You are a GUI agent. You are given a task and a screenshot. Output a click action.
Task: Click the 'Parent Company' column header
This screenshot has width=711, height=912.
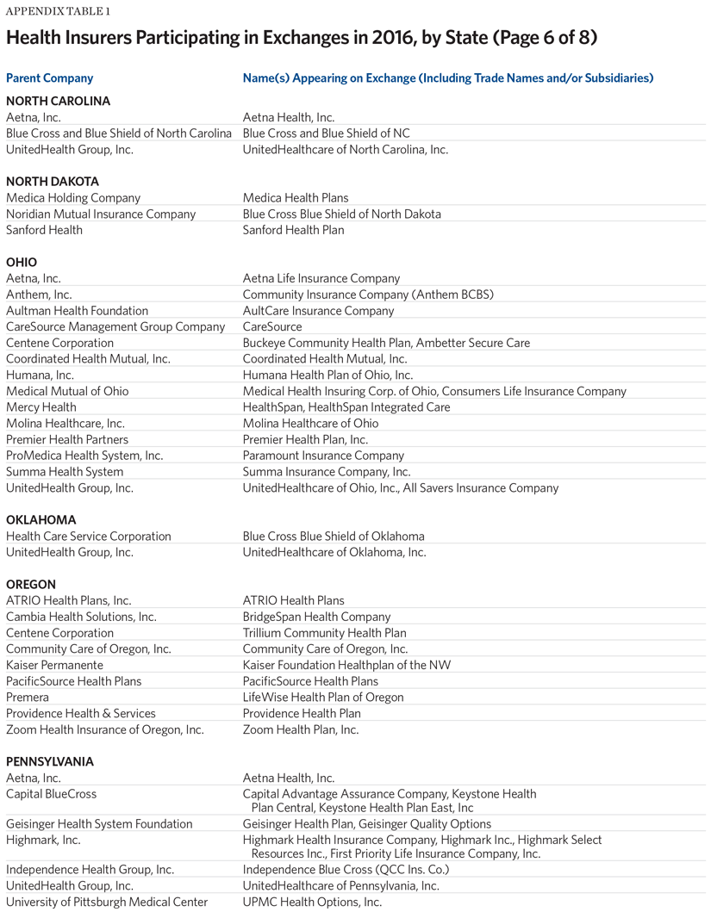tap(49, 78)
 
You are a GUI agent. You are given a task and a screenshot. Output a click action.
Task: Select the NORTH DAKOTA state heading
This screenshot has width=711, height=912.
tap(53, 182)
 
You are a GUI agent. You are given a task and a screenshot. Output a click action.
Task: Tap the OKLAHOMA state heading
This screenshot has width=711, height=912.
tap(41, 520)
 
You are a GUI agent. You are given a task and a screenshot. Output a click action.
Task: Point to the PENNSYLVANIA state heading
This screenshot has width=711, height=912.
tap(50, 762)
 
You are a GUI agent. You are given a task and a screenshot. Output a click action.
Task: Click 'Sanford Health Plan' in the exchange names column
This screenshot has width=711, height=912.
tap(293, 230)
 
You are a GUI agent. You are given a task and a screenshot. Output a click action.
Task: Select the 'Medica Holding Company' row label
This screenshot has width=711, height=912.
tap(73, 198)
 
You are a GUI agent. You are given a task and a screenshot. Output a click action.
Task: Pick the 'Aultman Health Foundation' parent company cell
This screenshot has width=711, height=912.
tap(77, 311)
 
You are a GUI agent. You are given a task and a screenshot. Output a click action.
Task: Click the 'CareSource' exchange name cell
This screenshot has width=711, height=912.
tap(272, 327)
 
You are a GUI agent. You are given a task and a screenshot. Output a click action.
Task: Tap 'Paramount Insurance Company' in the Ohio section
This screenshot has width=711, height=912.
tap(323, 456)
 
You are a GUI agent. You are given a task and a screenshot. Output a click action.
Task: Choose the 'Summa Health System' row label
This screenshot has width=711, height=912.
tap(65, 472)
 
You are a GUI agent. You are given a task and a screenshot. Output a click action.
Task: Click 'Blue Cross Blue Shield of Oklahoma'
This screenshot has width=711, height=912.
tap(334, 537)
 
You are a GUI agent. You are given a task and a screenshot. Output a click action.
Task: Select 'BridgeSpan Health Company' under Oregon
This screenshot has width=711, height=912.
tap(316, 617)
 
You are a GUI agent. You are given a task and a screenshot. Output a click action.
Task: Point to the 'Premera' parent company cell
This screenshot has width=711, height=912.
tap(28, 698)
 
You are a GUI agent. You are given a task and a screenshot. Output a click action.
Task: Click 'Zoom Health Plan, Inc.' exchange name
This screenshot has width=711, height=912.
tap(301, 729)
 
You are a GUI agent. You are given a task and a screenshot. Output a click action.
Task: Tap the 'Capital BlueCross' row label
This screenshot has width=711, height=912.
tap(51, 794)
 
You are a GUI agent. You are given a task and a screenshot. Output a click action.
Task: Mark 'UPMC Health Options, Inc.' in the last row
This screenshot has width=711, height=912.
tap(312, 902)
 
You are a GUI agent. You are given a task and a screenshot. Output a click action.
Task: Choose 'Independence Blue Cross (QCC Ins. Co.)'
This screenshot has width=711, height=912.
tap(346, 870)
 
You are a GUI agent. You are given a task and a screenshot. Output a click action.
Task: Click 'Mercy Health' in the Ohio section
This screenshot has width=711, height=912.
tap(41, 407)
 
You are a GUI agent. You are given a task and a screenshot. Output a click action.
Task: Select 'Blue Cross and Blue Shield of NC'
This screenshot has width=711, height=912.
tap(327, 133)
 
